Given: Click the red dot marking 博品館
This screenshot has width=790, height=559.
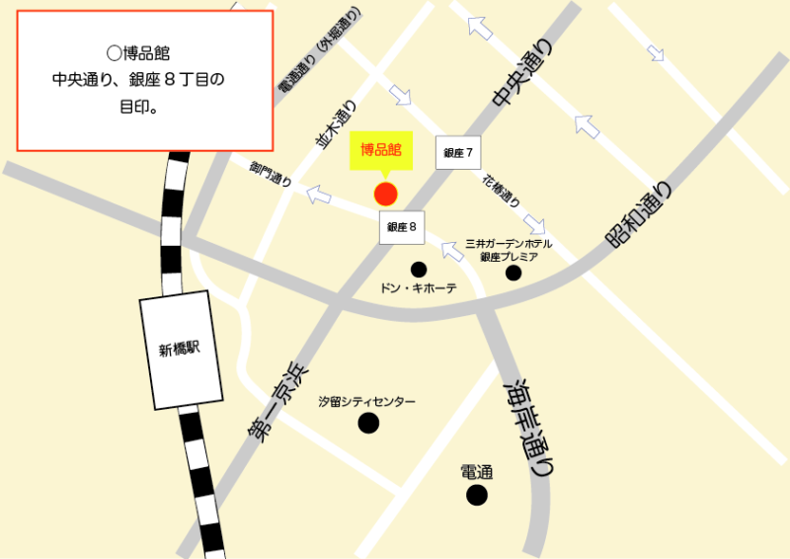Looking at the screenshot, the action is click(385, 194).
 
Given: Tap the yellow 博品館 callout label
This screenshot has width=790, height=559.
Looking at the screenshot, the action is click(380, 151).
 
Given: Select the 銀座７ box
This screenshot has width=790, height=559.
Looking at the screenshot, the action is click(459, 153).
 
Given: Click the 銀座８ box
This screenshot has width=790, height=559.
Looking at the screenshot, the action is click(402, 227).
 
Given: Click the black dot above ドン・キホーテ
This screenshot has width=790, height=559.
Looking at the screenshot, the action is click(419, 269).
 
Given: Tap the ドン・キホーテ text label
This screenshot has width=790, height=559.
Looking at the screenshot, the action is click(419, 288).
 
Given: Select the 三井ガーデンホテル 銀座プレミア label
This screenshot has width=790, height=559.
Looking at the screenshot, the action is click(509, 250).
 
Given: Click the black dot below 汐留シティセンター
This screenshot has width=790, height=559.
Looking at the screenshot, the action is click(368, 424).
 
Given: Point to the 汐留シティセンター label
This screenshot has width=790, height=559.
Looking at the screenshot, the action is click(366, 402).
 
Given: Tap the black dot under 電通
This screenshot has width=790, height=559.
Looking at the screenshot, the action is click(477, 495).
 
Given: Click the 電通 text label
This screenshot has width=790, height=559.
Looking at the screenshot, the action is click(477, 473).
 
